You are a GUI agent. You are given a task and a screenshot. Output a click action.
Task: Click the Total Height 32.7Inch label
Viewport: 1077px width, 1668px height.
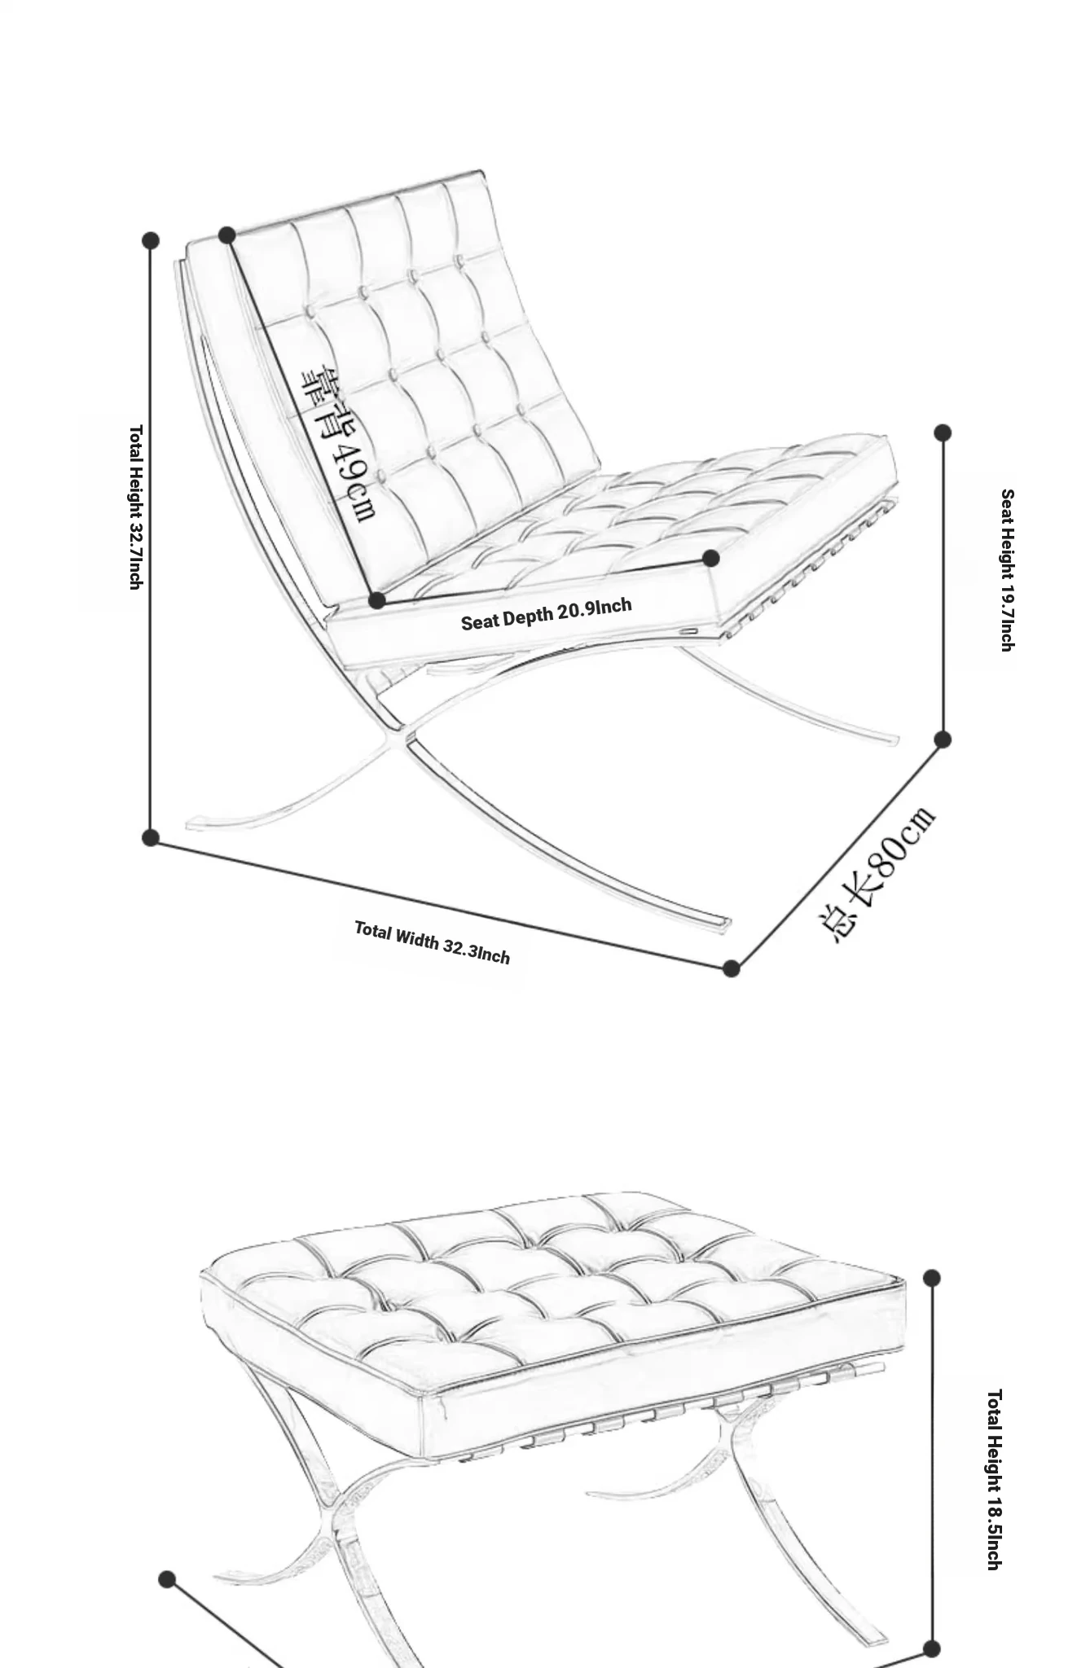click(x=136, y=507)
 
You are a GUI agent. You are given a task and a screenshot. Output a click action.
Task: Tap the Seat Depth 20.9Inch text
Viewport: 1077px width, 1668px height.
click(x=546, y=614)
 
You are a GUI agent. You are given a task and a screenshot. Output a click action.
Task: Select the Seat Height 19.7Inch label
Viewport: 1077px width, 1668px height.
click(x=1007, y=570)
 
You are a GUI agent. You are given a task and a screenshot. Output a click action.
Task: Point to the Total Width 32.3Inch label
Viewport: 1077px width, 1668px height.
click(x=432, y=943)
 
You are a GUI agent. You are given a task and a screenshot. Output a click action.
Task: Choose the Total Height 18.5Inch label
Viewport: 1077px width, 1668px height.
click(x=994, y=1479)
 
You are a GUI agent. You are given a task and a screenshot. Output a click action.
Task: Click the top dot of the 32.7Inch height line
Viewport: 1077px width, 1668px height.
click(x=151, y=240)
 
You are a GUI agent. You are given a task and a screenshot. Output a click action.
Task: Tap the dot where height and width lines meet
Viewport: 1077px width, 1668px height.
click(x=151, y=837)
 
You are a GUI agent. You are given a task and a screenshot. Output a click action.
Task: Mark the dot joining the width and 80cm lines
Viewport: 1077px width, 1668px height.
click(x=731, y=968)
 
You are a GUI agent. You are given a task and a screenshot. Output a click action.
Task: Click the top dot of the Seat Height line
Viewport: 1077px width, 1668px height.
click(x=943, y=432)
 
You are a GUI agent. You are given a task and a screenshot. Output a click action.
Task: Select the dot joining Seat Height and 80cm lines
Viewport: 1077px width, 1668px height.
click(x=943, y=740)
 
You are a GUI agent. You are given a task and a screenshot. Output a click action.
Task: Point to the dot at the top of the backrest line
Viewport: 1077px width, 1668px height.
click(x=227, y=235)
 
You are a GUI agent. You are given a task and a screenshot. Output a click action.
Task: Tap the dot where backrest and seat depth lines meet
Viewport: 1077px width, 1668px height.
click(x=376, y=601)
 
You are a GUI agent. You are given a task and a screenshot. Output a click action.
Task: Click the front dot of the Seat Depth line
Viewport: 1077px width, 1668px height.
click(x=710, y=558)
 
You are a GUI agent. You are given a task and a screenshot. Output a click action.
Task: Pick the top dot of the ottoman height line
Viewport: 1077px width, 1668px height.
click(x=932, y=1278)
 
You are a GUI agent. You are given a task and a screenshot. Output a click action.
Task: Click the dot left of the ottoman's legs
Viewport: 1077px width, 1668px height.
click(x=167, y=1580)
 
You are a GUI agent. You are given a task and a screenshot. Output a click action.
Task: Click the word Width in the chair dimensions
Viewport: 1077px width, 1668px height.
click(x=416, y=939)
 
